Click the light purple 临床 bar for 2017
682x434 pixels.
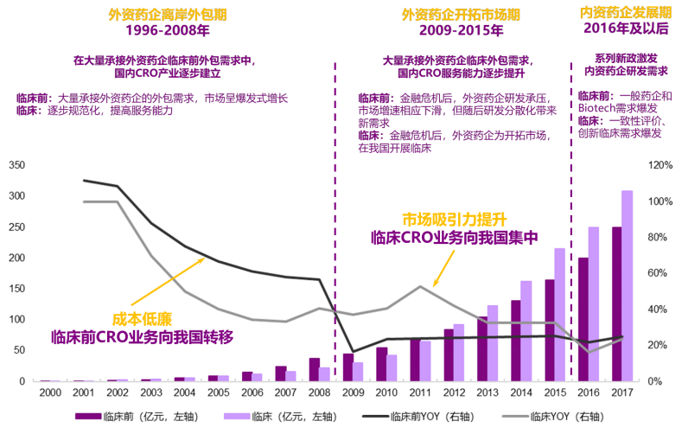(627, 285)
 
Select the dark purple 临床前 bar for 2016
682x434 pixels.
(608, 319)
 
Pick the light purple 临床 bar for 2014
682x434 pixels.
(526, 330)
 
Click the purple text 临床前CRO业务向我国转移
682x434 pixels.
(143, 336)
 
